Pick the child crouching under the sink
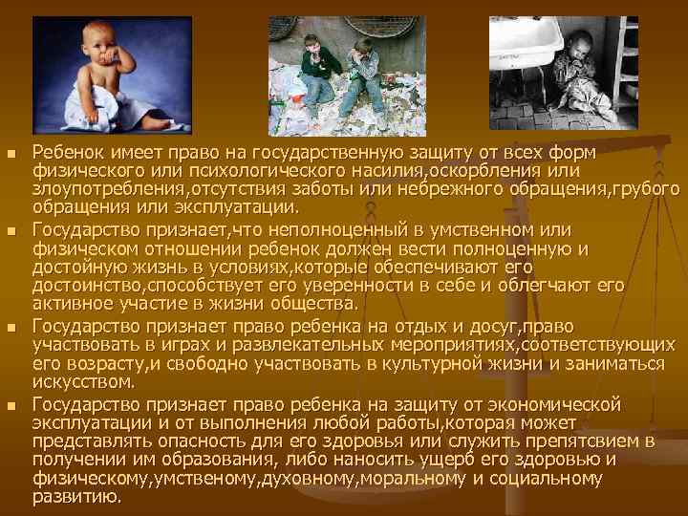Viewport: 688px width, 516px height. [x=579, y=81]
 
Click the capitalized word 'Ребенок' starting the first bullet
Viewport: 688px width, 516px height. [x=66, y=154]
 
